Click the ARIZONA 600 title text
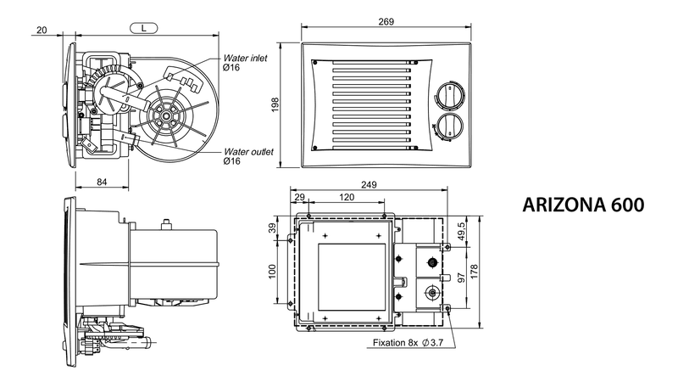[x=583, y=205]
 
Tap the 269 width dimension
[x=386, y=21]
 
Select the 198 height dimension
[x=275, y=104]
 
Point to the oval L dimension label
[x=144, y=28]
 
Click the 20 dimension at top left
[x=42, y=30]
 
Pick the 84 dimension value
[x=102, y=182]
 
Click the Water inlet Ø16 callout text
[x=245, y=62]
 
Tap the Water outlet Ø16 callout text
[x=248, y=156]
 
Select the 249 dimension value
[x=369, y=184]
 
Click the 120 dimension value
[x=347, y=198]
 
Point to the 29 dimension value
[x=299, y=198]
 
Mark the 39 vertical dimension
[x=272, y=228]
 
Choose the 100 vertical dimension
[x=272, y=272]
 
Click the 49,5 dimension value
[x=461, y=232]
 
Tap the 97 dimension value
[x=461, y=278]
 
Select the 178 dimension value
[x=474, y=272]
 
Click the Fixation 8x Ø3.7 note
[x=408, y=343]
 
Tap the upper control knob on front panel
[x=449, y=95]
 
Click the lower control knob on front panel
[x=449, y=126]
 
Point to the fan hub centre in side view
[x=166, y=115]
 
